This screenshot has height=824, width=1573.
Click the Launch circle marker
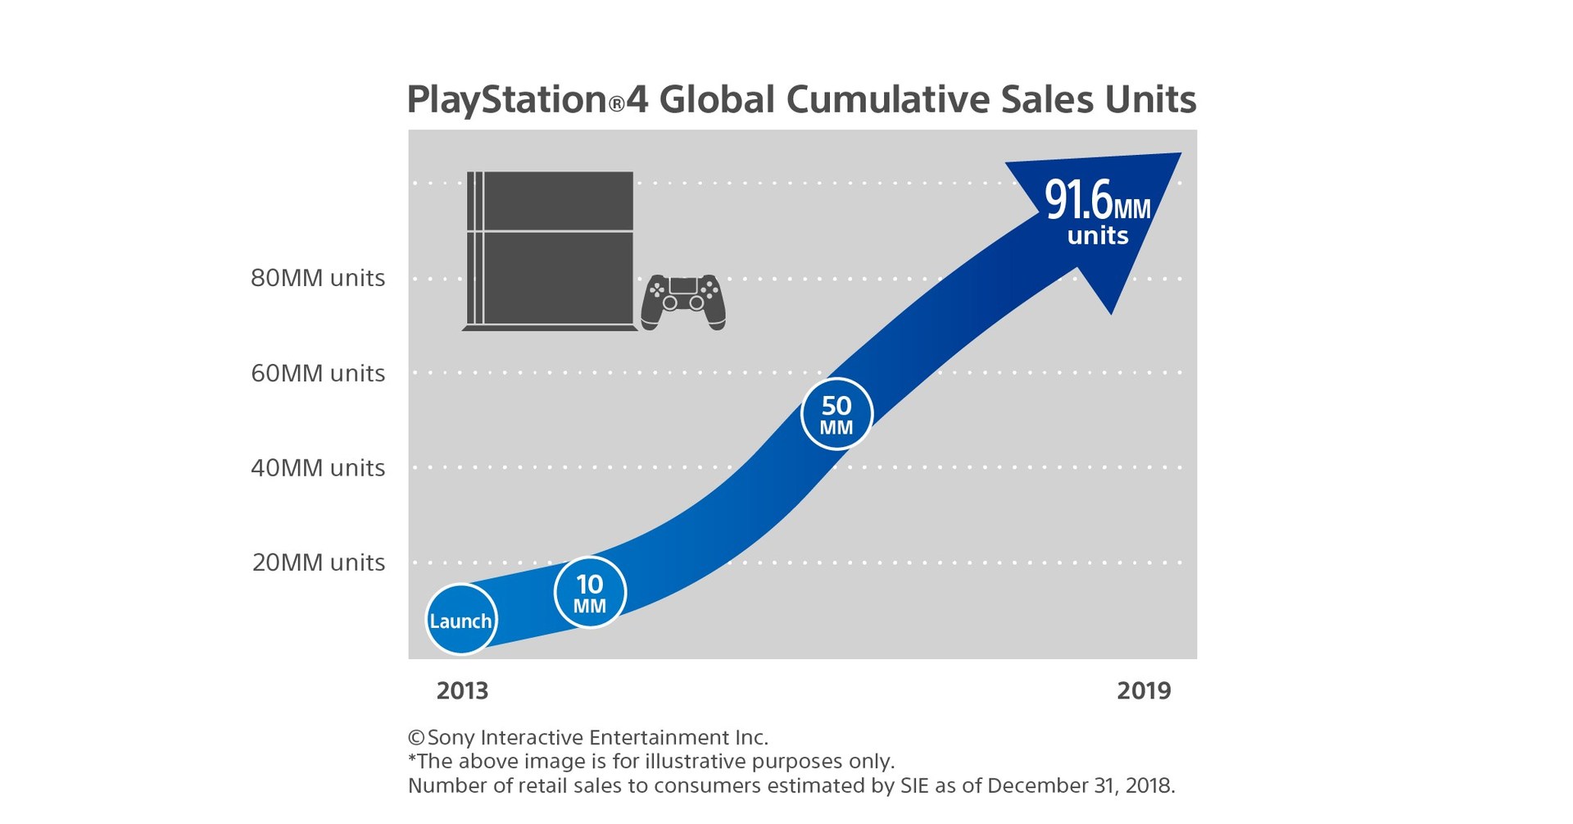461,620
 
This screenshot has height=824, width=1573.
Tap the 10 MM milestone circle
590,594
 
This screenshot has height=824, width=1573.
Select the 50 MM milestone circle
836,414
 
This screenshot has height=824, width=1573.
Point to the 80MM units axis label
318,278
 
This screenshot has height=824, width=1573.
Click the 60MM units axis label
318,373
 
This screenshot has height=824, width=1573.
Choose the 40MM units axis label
318,467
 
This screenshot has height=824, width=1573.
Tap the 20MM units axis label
318,562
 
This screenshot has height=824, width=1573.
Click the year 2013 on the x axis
462,690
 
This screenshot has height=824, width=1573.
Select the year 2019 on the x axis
1144,690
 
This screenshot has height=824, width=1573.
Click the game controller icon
683,302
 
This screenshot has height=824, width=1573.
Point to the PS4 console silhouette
549,250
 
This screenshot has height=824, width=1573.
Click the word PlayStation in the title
507,100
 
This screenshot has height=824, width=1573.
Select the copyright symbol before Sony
416,737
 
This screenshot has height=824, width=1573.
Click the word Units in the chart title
1150,100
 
